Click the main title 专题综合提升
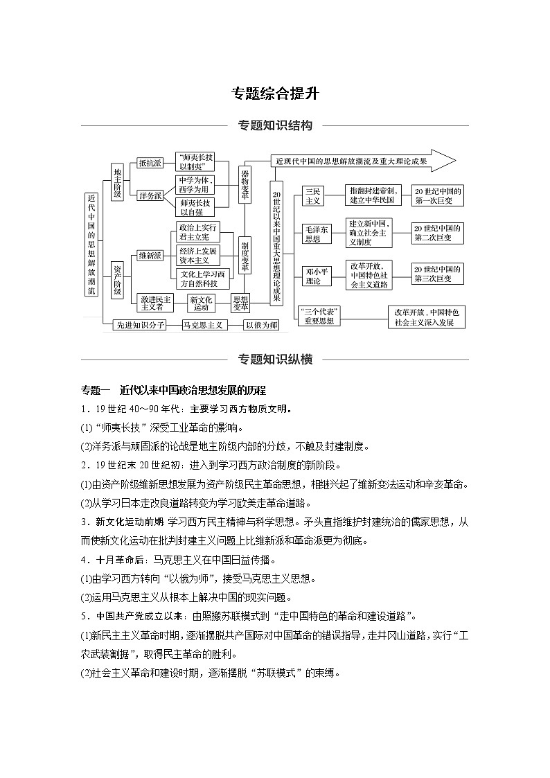point(275,94)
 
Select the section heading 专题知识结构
point(275,125)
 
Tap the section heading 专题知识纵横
point(275,359)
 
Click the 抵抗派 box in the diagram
point(150,163)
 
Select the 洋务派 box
point(150,196)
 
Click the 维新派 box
point(150,256)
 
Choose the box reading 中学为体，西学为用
point(195,185)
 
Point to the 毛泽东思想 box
point(313,234)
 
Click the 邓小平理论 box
point(313,275)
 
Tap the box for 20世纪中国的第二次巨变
point(438,233)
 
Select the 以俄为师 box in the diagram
point(261,325)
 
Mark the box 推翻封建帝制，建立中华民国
point(371,195)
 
